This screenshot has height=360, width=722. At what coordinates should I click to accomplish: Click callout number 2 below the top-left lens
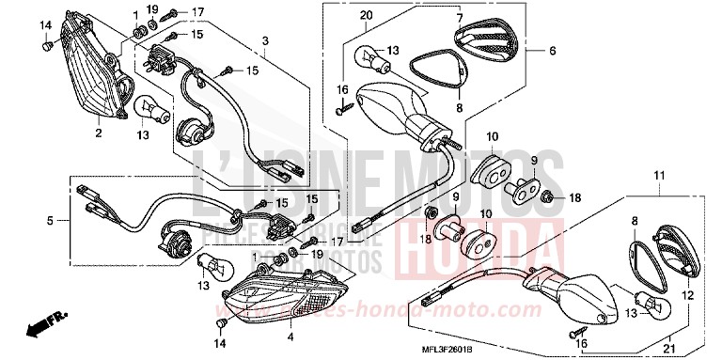click(x=97, y=133)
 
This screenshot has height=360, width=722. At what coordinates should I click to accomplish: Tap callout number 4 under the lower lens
click(x=290, y=337)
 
